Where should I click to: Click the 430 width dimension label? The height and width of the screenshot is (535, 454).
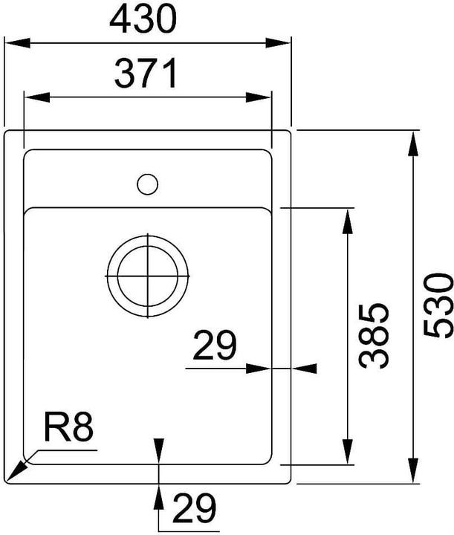tap(143, 20)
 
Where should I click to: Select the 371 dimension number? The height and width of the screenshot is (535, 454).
tap(146, 74)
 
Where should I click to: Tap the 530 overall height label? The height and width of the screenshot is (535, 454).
tap(438, 305)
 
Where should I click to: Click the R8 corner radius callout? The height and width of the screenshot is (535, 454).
tap(68, 429)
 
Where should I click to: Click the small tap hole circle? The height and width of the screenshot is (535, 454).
tap(147, 184)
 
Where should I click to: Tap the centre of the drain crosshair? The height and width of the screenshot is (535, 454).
tap(148, 276)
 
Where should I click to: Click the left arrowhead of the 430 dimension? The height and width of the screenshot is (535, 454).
tap(15, 43)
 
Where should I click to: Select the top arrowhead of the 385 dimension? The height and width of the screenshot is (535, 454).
tap(347, 220)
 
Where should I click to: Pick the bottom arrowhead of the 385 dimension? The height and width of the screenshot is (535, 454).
tap(347, 453)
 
